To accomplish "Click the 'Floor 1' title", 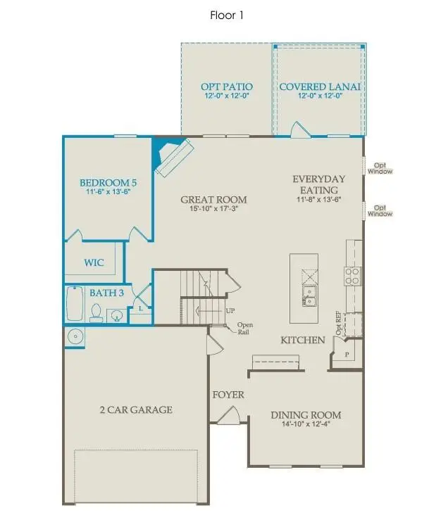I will click(x=226, y=14).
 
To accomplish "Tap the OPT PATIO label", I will click(x=226, y=87).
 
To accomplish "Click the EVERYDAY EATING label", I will click(x=315, y=184).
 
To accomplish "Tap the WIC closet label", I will click(x=94, y=262).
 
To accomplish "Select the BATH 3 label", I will click(x=106, y=292).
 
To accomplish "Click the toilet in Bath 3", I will click(x=96, y=312).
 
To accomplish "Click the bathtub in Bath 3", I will click(x=75, y=305).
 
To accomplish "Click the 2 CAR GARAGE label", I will click(x=136, y=409).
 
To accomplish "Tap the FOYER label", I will click(x=228, y=395).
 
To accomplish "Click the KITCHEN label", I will click(x=303, y=340).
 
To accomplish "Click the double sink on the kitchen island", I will click(x=308, y=295).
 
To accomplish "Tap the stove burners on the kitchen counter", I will click(x=351, y=274).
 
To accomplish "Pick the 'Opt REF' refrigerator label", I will click(x=339, y=324).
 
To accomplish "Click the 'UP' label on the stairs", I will click(x=230, y=310).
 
